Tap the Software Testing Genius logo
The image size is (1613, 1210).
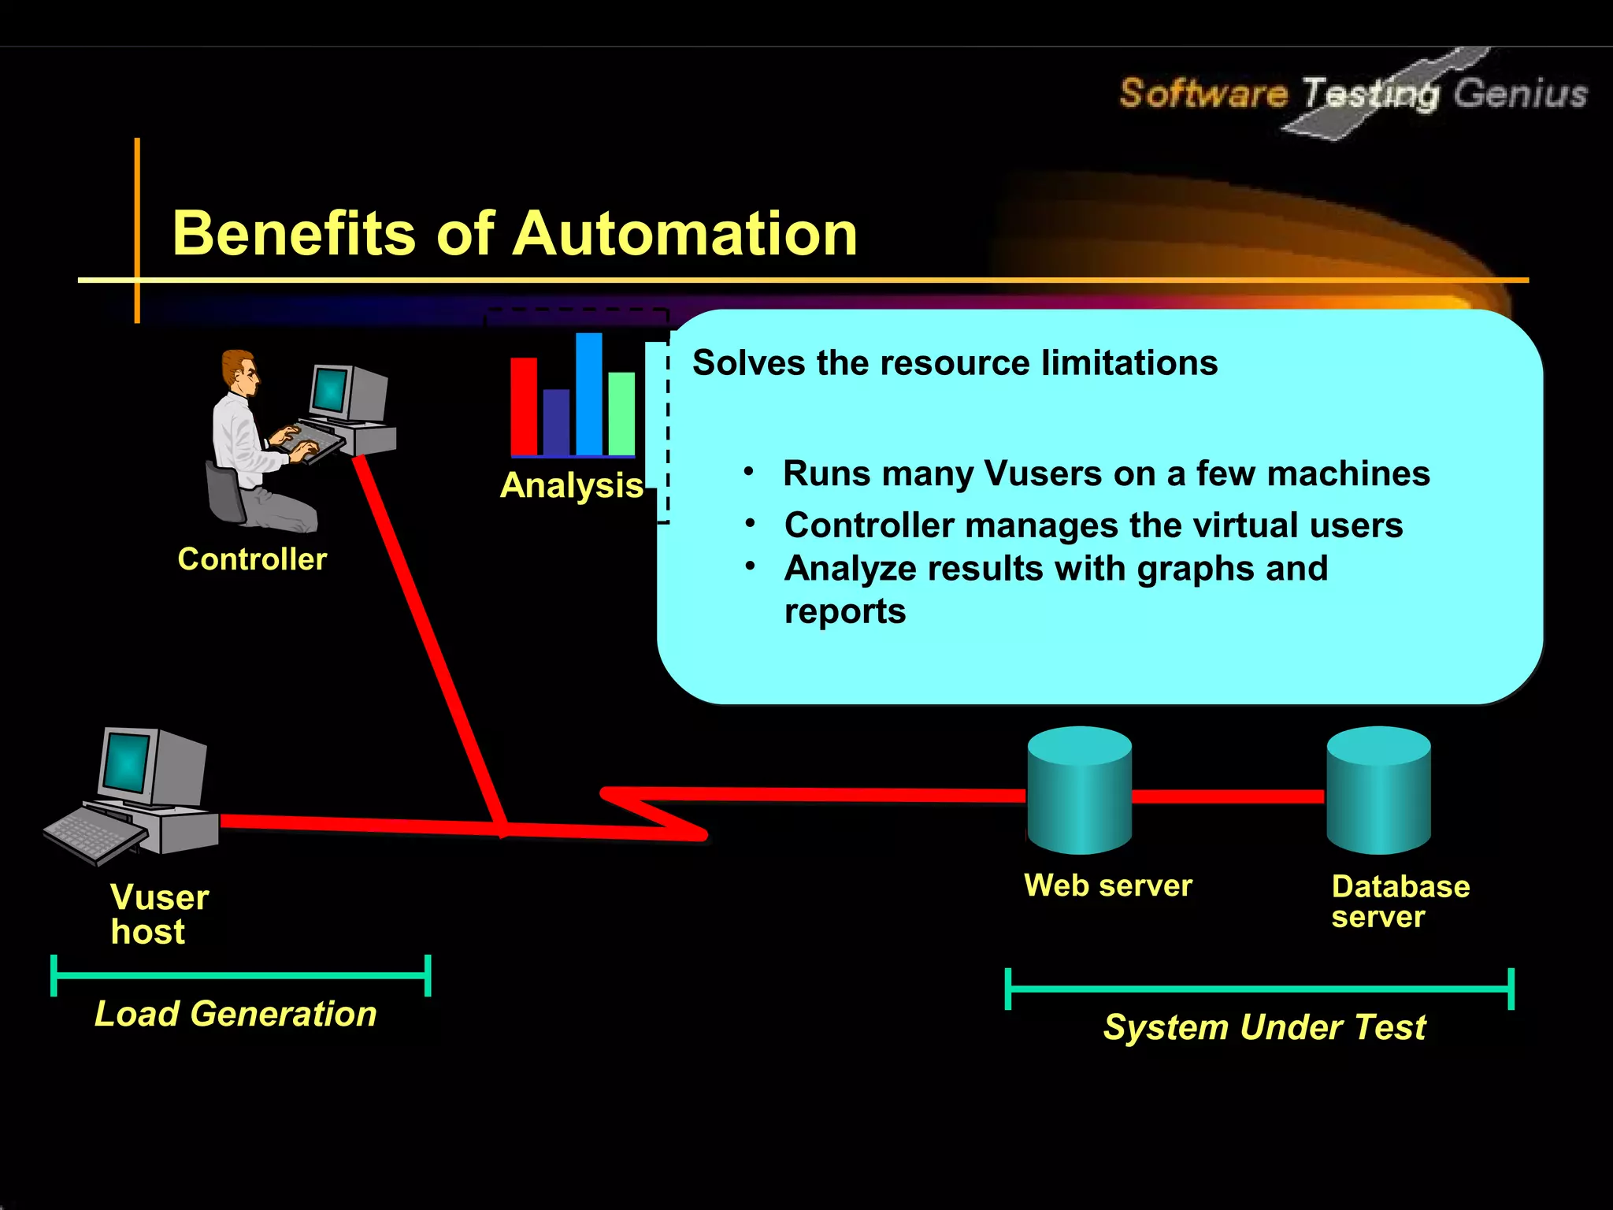pos(1352,94)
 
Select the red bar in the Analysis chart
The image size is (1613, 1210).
pos(524,406)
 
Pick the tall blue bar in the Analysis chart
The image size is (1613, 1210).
pos(588,394)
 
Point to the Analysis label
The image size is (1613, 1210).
pos(572,485)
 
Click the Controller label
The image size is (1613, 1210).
pos(252,559)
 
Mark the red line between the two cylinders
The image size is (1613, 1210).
pos(1229,796)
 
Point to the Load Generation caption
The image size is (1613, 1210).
pos(235,1014)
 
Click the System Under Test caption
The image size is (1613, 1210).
pos(1264,1027)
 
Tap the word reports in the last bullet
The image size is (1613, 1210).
pos(845,611)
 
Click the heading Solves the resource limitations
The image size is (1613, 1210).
pos(955,363)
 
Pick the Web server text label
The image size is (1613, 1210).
pos(1107,885)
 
